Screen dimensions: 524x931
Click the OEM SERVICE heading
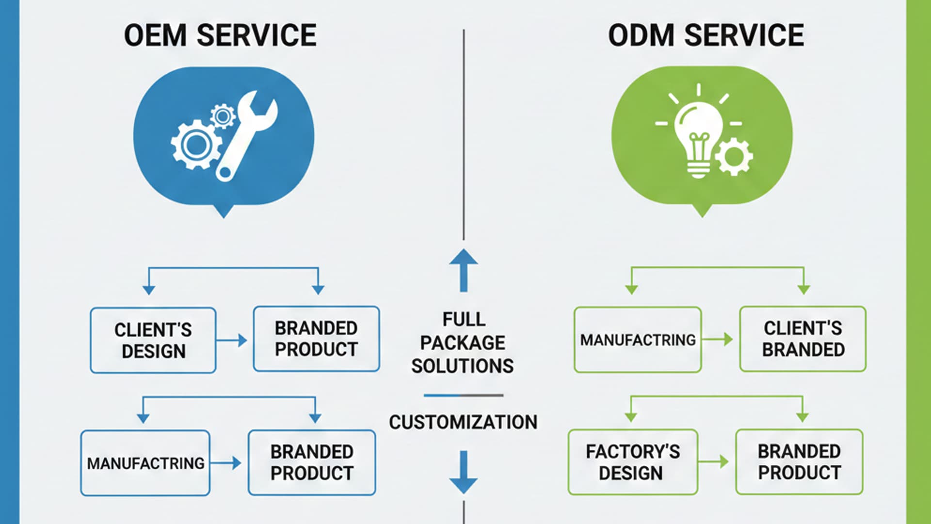click(220, 35)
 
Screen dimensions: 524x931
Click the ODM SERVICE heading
click(706, 35)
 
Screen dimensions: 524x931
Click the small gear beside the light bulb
click(734, 156)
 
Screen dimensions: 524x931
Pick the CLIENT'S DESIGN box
click(153, 340)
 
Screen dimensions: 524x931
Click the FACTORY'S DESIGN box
click(632, 462)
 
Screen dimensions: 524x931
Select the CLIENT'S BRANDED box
click(803, 339)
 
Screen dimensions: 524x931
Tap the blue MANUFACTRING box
click(145, 463)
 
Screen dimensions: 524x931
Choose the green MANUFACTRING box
click(637, 340)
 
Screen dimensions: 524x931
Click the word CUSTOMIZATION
click(463, 422)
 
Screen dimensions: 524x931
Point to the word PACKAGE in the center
click(463, 343)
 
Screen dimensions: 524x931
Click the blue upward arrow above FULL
click(464, 269)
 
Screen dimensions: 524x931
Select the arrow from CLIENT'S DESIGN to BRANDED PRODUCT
click(232, 340)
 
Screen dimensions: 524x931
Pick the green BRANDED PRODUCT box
click(799, 462)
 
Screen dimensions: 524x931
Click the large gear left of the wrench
click(195, 145)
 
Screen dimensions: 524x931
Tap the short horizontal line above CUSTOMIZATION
click(463, 395)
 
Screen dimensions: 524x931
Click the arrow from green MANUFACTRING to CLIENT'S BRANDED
click(718, 339)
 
